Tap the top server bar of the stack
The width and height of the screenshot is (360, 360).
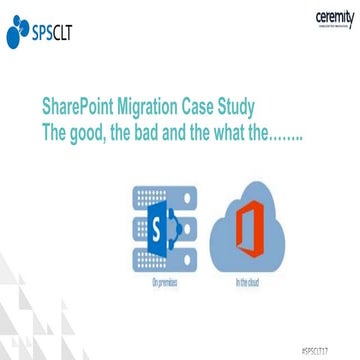coord(151,191)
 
